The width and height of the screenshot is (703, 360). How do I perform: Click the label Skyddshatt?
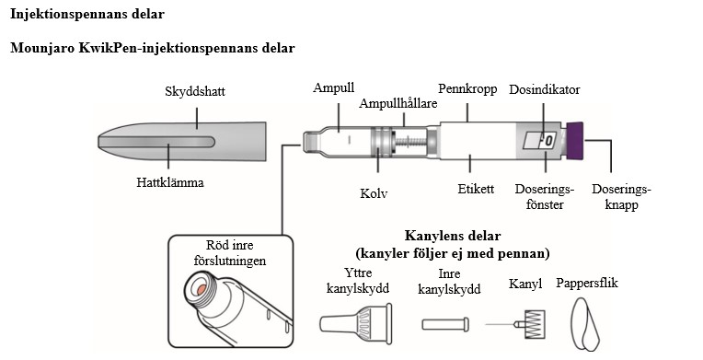[195, 93]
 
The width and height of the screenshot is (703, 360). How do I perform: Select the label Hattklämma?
[170, 182]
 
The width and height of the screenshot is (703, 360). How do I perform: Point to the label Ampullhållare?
[398, 103]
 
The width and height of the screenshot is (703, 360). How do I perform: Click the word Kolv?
[374, 194]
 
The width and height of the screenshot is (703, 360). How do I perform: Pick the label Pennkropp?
[467, 89]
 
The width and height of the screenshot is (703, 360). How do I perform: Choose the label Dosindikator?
[544, 89]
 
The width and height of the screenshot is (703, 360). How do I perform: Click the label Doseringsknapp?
[620, 197]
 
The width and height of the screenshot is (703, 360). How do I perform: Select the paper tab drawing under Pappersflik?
[586, 321]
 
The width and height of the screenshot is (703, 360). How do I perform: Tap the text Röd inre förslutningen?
[229, 253]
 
